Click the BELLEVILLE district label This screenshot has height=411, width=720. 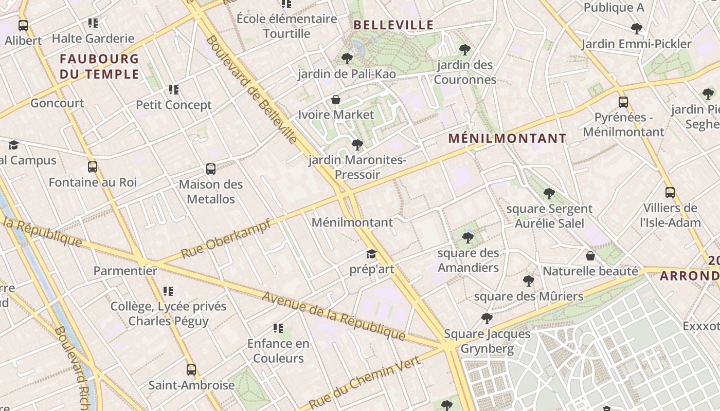pos(393,25)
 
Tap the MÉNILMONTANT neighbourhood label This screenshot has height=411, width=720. pos(507,138)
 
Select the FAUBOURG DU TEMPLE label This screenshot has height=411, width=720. pos(99,66)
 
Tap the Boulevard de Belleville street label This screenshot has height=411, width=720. pos(251,90)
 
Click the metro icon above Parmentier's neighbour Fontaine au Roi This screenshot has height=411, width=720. pos(93,167)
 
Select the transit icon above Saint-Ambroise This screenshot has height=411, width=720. pos(191,369)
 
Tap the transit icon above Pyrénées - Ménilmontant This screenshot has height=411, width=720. pos(623,102)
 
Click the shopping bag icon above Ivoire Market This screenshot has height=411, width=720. pos(336,100)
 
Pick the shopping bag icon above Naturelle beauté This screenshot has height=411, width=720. pos(590,255)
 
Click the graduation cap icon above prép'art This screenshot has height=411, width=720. pos(371,254)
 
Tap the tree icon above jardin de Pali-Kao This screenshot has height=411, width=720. pos(347,59)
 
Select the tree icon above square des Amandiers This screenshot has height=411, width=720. pos(468,237)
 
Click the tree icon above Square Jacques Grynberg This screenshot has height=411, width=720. pos(487,319)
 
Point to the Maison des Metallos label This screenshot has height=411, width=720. pos(211,191)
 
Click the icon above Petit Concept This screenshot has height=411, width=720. pos(174,90)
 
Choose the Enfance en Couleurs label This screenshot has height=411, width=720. pos(278,350)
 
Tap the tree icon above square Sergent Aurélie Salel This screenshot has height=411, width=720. pos(549,194)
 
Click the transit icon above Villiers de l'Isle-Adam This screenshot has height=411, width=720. pos(670,193)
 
